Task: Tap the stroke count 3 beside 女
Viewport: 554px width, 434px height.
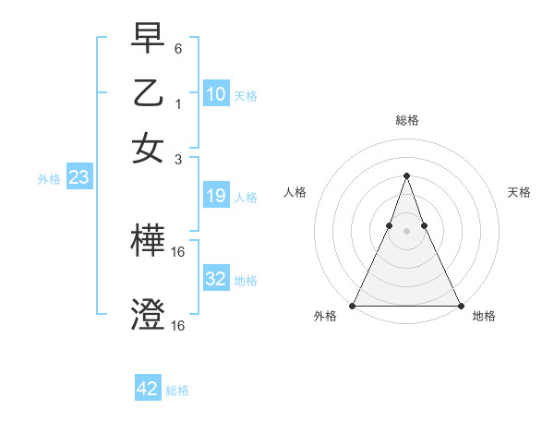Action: click(x=178, y=159)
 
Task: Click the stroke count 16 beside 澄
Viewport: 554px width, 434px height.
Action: click(x=180, y=326)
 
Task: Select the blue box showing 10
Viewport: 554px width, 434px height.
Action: click(x=215, y=93)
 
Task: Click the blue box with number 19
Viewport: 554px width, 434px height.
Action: click(x=215, y=195)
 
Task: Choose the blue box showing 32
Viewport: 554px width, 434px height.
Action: click(x=215, y=278)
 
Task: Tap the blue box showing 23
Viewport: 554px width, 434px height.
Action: click(x=78, y=177)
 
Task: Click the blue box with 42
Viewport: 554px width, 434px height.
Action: click(x=148, y=389)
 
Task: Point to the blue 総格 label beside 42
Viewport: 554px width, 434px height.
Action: click(x=177, y=391)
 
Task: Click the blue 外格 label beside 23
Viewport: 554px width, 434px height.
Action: click(x=49, y=179)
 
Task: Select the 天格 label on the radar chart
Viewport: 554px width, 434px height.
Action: click(x=519, y=192)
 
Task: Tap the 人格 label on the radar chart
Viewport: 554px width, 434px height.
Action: click(x=295, y=192)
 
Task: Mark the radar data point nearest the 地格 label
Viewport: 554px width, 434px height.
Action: click(x=460, y=305)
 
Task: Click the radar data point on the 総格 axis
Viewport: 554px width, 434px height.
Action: click(x=406, y=175)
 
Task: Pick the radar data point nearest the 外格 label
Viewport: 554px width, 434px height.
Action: click(x=353, y=305)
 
